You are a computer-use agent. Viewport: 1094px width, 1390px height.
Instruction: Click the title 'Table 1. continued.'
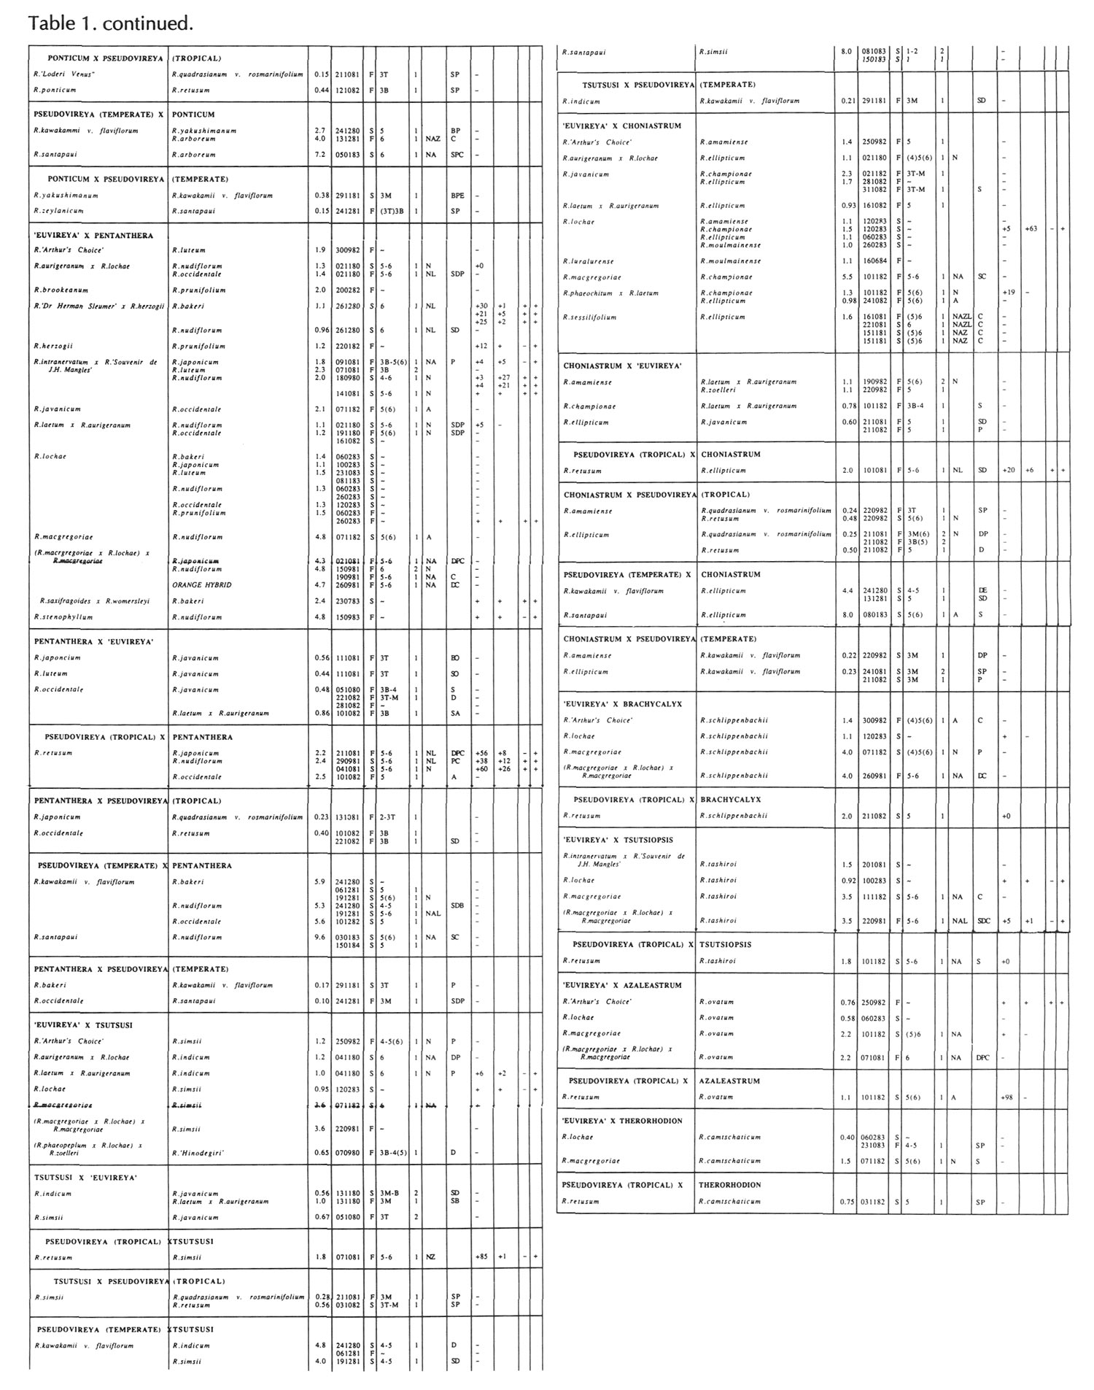111,23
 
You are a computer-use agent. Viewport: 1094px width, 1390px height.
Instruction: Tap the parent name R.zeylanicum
58,211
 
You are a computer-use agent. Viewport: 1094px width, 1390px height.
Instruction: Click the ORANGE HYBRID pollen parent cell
202,585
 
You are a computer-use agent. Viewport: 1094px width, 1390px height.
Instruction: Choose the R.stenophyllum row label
63,617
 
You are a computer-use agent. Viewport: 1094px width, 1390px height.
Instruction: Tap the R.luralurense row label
589,261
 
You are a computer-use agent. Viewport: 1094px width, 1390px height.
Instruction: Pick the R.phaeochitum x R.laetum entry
610,293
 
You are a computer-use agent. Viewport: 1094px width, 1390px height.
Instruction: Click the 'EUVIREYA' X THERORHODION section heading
622,1121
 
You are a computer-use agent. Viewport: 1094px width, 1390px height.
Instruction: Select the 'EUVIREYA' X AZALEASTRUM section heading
622,985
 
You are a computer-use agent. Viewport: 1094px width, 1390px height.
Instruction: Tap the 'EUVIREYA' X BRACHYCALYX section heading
622,704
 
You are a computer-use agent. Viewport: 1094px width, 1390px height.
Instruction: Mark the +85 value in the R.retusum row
481,1257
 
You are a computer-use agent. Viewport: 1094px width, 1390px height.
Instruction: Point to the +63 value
1031,229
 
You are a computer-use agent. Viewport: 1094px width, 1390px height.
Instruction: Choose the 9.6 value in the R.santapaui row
319,937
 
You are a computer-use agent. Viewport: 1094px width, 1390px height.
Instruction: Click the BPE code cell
457,196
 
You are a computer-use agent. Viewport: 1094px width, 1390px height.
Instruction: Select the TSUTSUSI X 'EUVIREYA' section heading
86,1178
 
